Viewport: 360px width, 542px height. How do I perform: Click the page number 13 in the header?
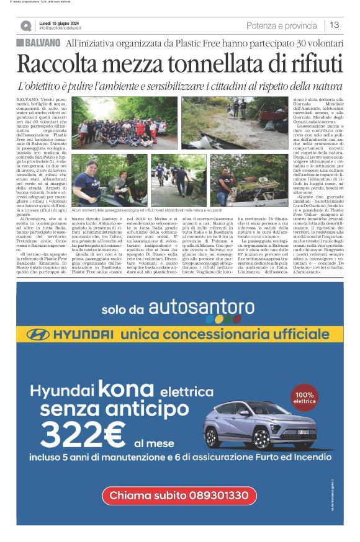click(x=334, y=25)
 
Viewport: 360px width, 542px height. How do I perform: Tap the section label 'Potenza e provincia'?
click(x=281, y=25)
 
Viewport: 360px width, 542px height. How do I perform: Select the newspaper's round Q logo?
click(x=25, y=26)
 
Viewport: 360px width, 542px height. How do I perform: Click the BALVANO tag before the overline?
click(x=38, y=42)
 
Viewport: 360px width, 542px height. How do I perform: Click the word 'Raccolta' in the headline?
click(x=57, y=63)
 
